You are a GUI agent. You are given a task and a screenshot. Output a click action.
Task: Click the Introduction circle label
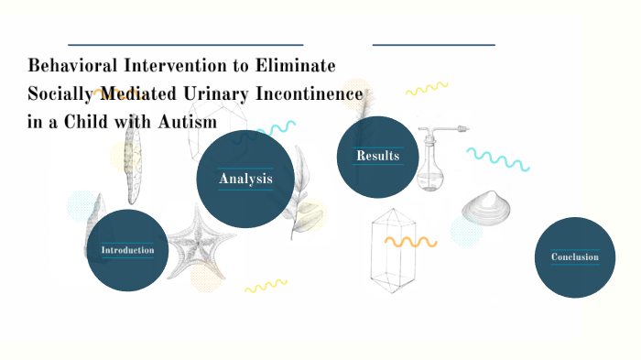coord(127,250)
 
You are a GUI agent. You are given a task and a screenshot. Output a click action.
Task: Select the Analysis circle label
coord(245,178)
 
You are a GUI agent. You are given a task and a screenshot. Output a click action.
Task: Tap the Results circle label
coord(377,156)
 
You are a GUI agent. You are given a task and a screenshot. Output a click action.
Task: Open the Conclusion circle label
coord(575,257)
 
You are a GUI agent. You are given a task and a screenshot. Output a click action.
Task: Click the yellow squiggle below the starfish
coord(266,287)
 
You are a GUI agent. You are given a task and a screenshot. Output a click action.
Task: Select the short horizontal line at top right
coord(433,44)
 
